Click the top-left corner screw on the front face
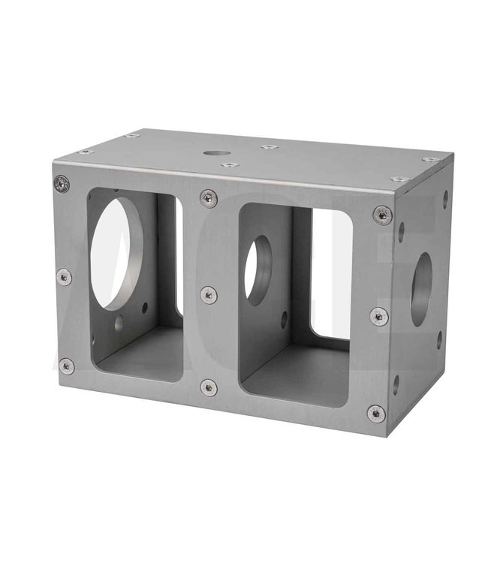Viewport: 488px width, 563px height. point(62,183)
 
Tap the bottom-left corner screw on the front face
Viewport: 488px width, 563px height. point(66,366)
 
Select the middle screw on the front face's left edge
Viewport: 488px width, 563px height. point(65,276)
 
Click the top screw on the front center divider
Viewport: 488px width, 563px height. point(209,198)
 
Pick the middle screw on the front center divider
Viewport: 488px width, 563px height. point(209,294)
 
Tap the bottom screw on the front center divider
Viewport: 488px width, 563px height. point(209,387)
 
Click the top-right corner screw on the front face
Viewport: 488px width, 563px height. point(382,215)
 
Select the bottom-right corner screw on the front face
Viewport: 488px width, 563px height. point(376,413)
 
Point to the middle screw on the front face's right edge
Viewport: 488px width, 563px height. point(379,315)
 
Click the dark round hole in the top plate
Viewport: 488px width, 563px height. point(217,153)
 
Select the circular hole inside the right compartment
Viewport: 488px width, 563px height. point(259,270)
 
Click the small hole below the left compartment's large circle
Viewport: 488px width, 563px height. point(119,324)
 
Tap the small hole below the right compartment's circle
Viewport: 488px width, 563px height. point(284,319)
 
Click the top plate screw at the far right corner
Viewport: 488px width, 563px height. point(430,159)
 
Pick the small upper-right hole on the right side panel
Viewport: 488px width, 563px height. point(445,200)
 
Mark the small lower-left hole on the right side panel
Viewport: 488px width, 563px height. point(396,384)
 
